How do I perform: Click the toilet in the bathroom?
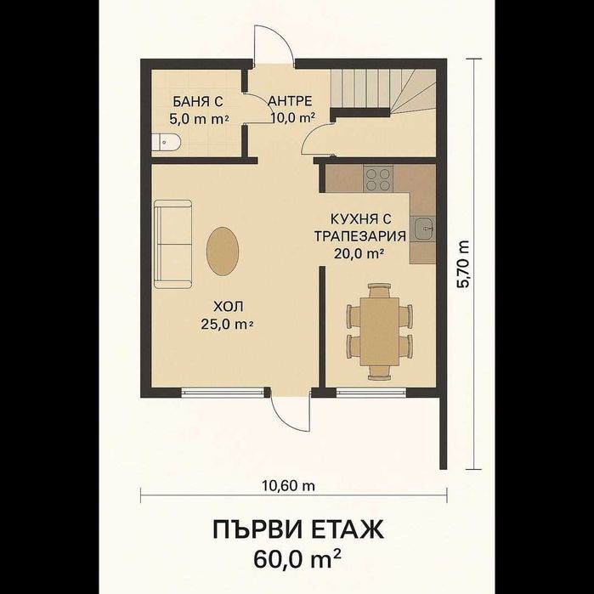point(167,143)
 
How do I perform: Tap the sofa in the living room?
point(173,244)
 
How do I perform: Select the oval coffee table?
point(223,252)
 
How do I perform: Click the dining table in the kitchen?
point(378,331)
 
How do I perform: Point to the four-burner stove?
point(378,178)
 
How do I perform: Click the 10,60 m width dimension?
point(288,486)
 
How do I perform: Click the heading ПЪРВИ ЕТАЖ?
point(297,530)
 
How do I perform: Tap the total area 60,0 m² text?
point(297,559)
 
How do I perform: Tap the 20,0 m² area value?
point(360,252)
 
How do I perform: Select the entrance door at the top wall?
point(273,47)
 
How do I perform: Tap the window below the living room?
point(223,392)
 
